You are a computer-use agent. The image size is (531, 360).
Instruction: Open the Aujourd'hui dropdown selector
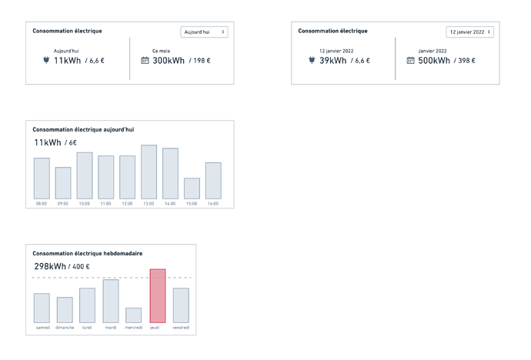pyautogui.click(x=204, y=32)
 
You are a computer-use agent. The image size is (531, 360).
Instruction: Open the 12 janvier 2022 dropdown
pyautogui.click(x=469, y=32)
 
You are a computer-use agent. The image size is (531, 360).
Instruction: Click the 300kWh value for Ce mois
pyautogui.click(x=169, y=61)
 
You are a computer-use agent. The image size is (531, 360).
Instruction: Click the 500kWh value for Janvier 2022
pyautogui.click(x=434, y=61)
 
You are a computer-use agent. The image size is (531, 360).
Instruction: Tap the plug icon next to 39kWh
pyautogui.click(x=312, y=60)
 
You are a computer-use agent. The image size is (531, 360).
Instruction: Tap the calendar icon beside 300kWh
pyautogui.click(x=145, y=61)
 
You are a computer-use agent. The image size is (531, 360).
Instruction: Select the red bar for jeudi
pyautogui.click(x=157, y=296)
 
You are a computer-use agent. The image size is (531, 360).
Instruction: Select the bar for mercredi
pyautogui.click(x=133, y=315)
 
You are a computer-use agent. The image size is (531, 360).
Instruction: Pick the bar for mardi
pyautogui.click(x=111, y=301)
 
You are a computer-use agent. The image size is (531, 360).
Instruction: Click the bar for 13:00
pyautogui.click(x=149, y=172)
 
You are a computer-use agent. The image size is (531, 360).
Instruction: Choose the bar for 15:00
pyautogui.click(x=192, y=188)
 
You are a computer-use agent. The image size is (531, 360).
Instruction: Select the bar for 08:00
pyautogui.click(x=42, y=178)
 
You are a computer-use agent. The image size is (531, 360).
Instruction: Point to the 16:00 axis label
pyautogui.click(x=212, y=204)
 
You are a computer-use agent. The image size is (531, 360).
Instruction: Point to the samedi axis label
pyautogui.click(x=42, y=328)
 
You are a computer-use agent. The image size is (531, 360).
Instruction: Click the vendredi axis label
pyautogui.click(x=181, y=328)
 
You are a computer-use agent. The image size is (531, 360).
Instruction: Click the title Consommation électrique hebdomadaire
pyautogui.click(x=87, y=253)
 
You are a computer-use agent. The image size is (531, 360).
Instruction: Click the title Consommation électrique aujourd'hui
pyautogui.click(x=83, y=129)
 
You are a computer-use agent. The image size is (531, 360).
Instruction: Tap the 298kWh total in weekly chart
pyautogui.click(x=50, y=267)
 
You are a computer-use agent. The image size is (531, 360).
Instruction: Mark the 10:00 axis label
pyautogui.click(x=84, y=204)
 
